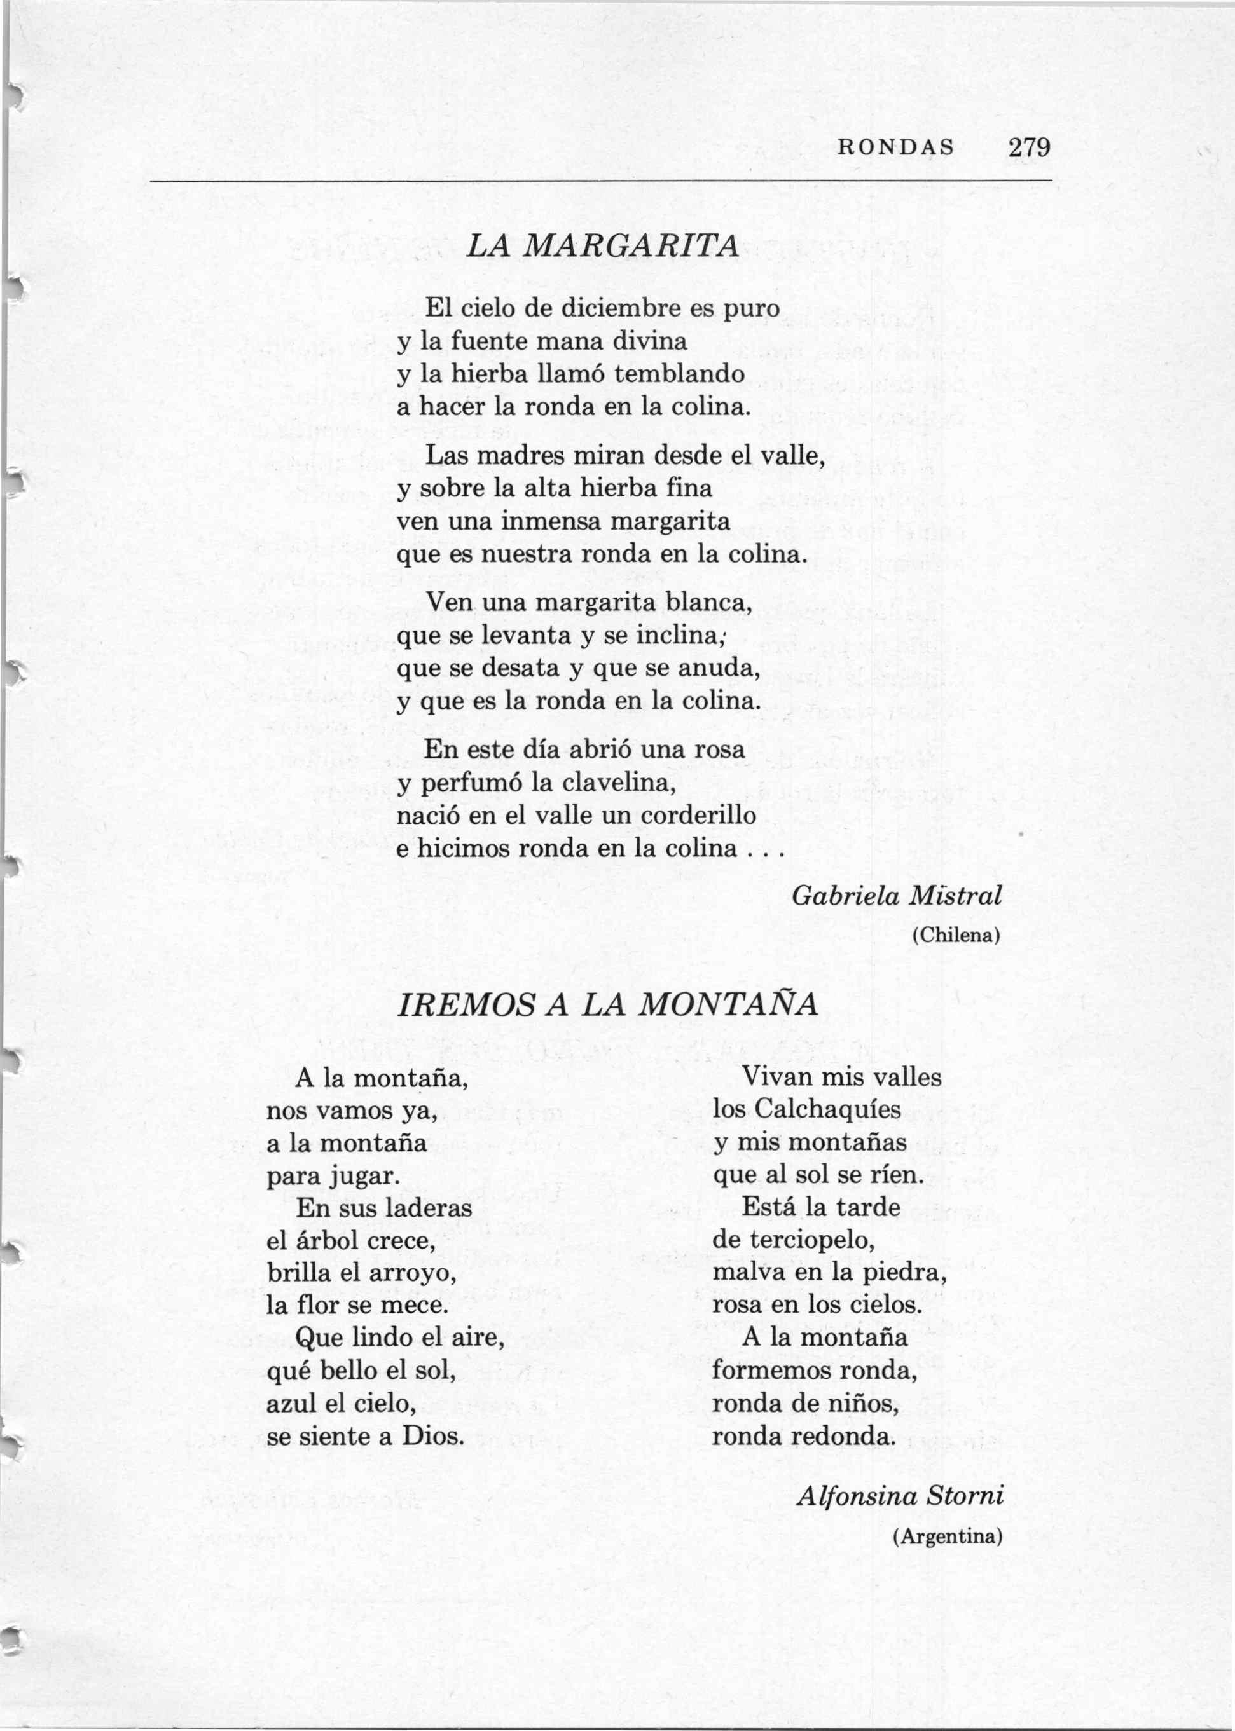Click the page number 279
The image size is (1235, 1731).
pyautogui.click(x=1029, y=147)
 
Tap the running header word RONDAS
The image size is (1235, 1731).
pyautogui.click(x=895, y=148)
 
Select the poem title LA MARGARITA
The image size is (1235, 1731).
pyautogui.click(x=602, y=245)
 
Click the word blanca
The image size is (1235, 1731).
pyautogui.click(x=708, y=602)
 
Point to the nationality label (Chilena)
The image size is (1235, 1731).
pyautogui.click(x=956, y=936)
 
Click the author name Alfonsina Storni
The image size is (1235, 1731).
pyautogui.click(x=900, y=1496)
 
